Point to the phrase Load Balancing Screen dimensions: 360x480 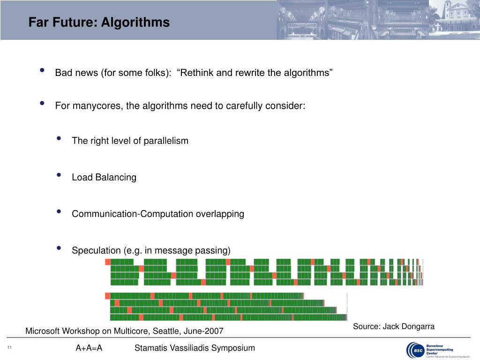(x=104, y=177)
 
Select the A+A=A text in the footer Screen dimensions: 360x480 (x=89, y=348)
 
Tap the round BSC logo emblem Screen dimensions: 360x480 (x=415, y=349)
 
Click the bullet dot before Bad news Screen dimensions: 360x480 (x=42, y=71)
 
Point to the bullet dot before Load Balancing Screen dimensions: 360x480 (x=59, y=175)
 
